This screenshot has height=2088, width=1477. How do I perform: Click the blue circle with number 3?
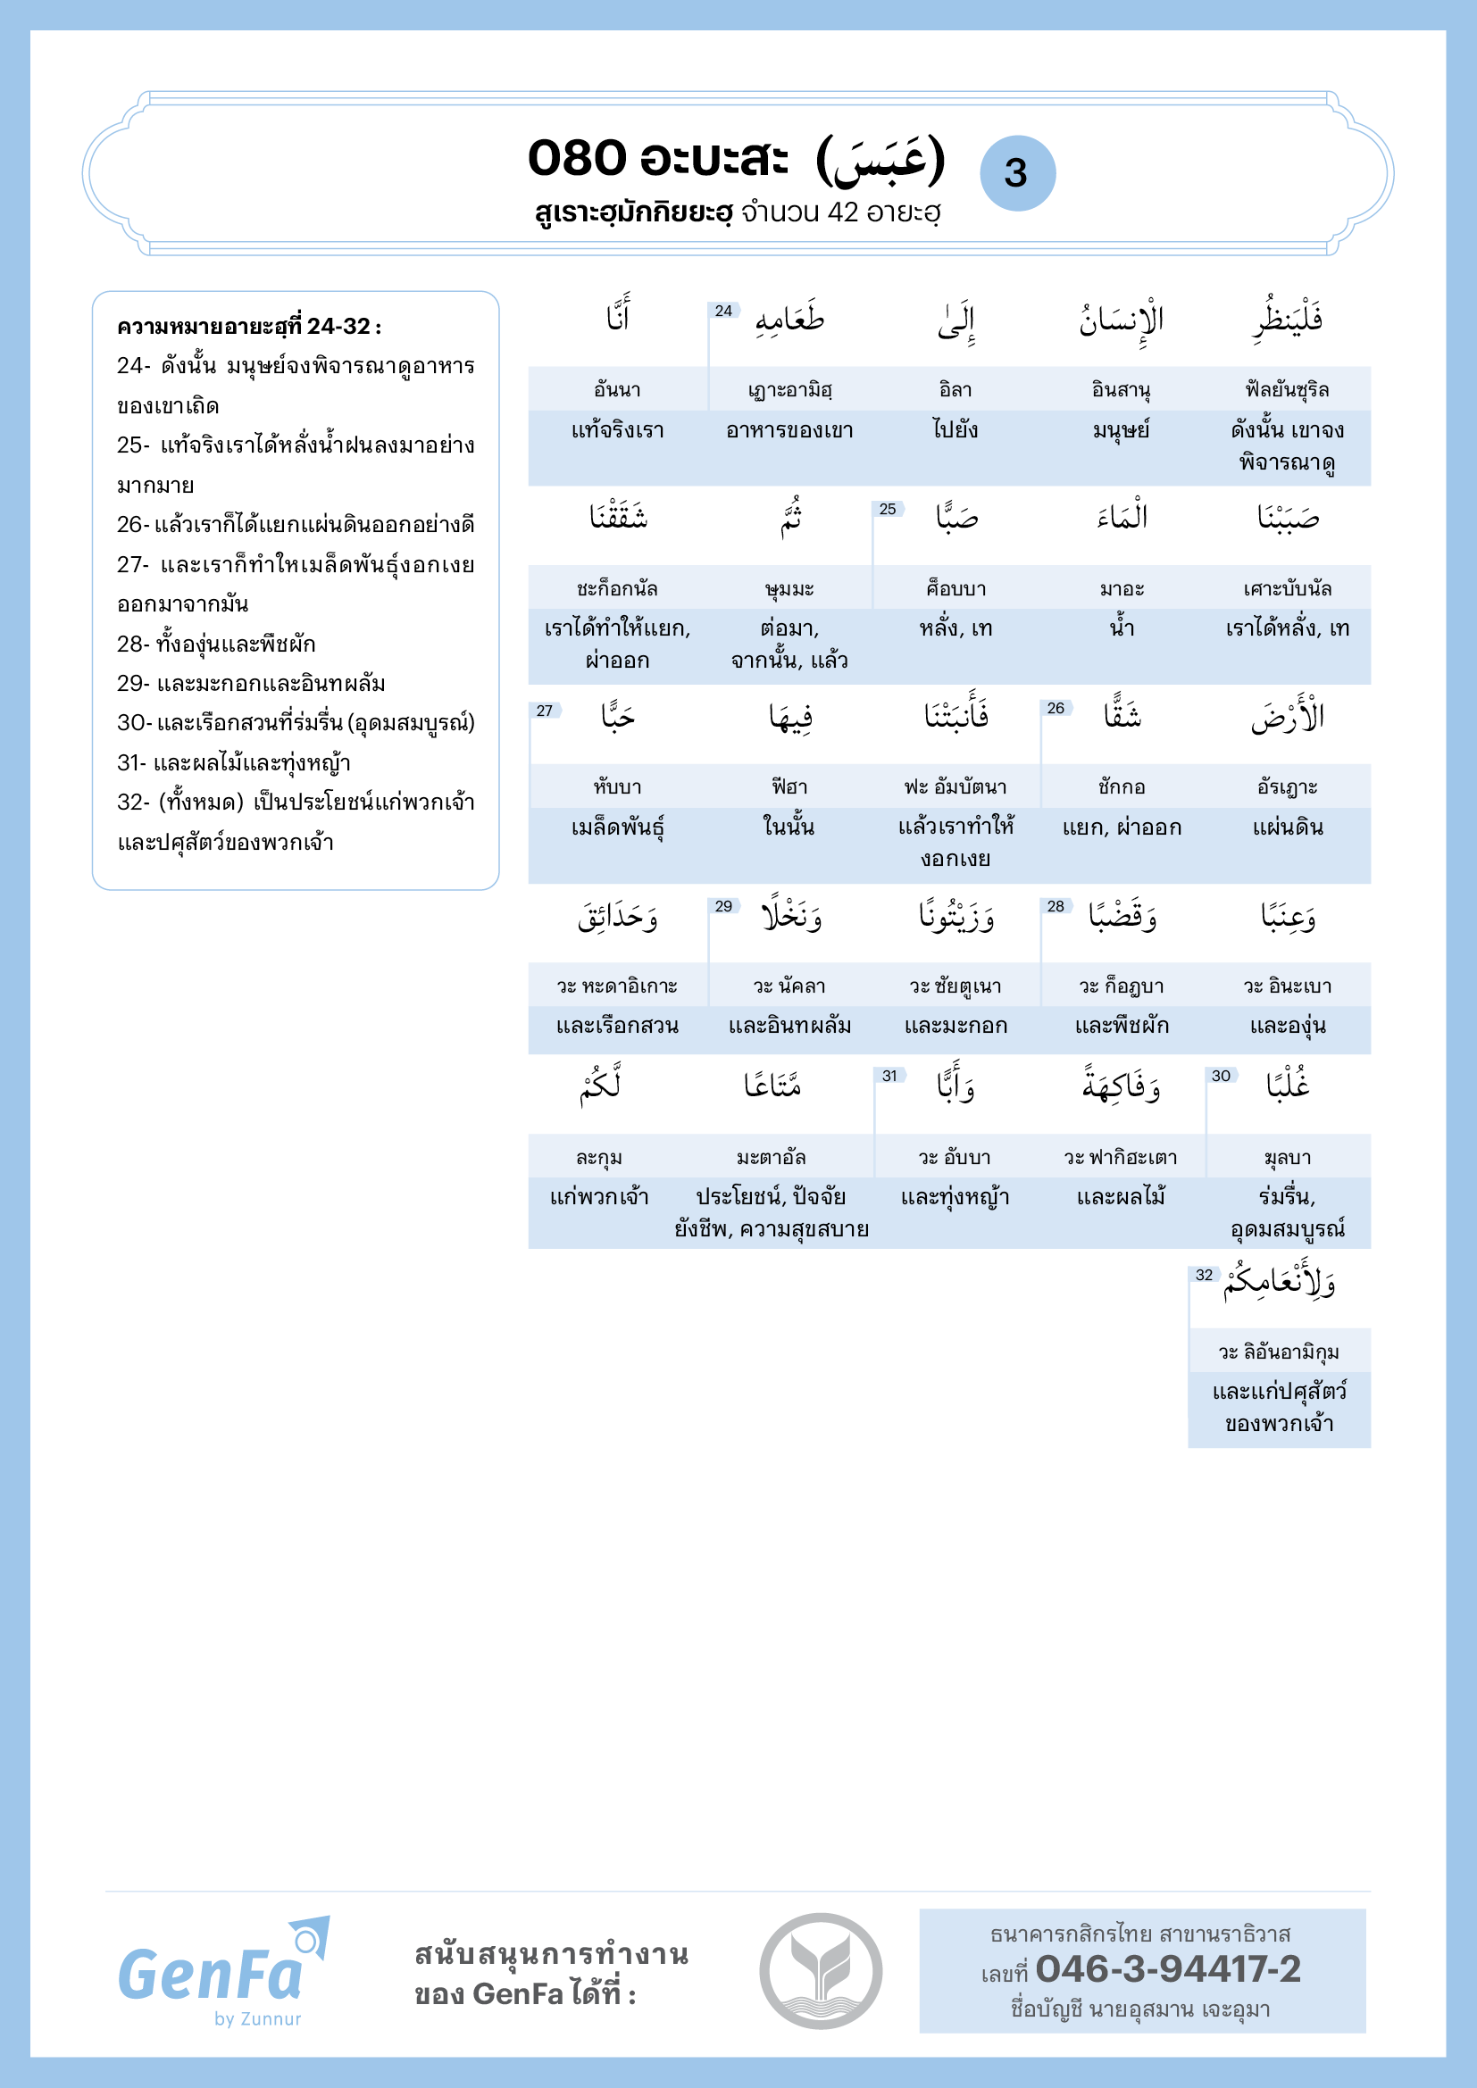pyautogui.click(x=1017, y=174)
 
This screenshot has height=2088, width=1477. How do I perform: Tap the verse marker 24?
pyautogui.click(x=724, y=311)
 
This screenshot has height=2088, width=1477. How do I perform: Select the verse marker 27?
pyautogui.click(x=545, y=711)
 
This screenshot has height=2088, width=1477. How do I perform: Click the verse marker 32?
pyautogui.click(x=1204, y=1275)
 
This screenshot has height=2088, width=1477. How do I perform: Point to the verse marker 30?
pyautogui.click(x=1221, y=1076)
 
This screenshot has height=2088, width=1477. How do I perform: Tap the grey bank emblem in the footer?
pyautogui.click(x=821, y=1971)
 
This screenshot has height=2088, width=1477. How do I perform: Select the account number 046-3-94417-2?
pyautogui.click(x=1168, y=1969)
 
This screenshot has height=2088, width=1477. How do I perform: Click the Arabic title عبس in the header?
pyautogui.click(x=881, y=160)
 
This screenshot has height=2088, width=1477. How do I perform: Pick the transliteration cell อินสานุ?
pyautogui.click(x=1122, y=390)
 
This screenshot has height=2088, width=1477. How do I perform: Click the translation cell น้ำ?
pyautogui.click(x=1122, y=628)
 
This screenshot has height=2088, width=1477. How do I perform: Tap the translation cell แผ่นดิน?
pyautogui.click(x=1287, y=828)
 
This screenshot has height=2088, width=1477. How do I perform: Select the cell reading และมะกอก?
pyautogui.click(x=955, y=1026)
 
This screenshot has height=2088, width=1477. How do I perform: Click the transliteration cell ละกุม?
pyautogui.click(x=599, y=1158)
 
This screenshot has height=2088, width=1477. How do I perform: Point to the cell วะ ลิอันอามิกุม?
pyautogui.click(x=1279, y=1352)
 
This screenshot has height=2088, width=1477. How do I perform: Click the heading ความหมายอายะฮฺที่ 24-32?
pyautogui.click(x=249, y=327)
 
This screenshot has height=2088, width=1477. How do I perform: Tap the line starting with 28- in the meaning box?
pyautogui.click(x=216, y=644)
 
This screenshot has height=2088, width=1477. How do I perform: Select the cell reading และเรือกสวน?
pyautogui.click(x=618, y=1026)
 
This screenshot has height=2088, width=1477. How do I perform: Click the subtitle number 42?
pyautogui.click(x=843, y=212)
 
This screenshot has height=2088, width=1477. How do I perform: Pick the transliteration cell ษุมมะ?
pyautogui.click(x=789, y=588)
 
